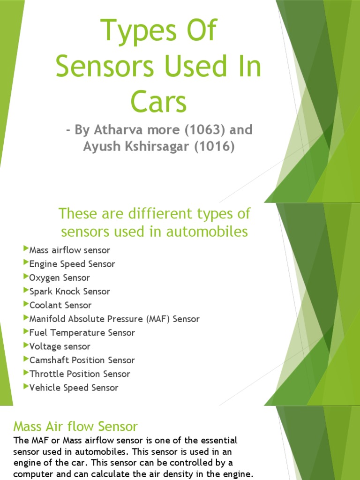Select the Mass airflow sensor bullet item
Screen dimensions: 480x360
[x=69, y=250]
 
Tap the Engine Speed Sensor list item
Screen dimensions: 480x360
[x=72, y=264]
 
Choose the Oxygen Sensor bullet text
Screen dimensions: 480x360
[x=60, y=278]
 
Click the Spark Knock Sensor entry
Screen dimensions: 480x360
[x=69, y=292]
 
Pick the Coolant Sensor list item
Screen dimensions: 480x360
[x=60, y=305]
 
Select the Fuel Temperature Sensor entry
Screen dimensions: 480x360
[x=82, y=333]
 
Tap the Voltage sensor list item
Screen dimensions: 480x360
[x=60, y=346]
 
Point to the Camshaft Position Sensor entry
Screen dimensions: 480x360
[x=82, y=360]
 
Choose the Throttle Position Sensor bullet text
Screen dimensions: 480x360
[x=80, y=374]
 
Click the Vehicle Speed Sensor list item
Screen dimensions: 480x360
[x=74, y=388]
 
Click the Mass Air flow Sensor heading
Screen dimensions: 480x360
[x=75, y=427]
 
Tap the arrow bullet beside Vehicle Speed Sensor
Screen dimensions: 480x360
[x=26, y=387]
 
